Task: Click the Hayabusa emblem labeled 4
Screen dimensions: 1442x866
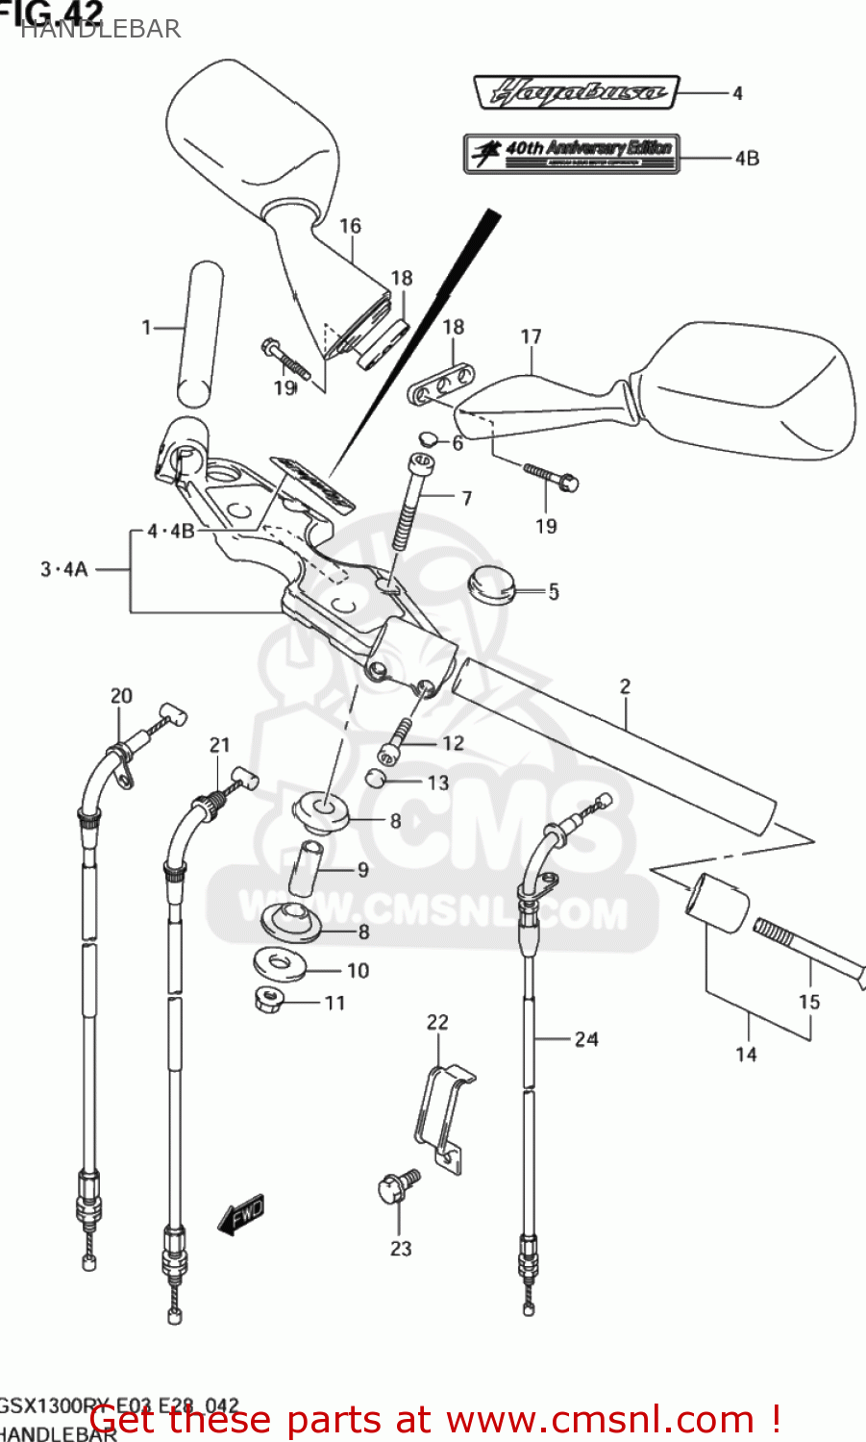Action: pyautogui.click(x=577, y=93)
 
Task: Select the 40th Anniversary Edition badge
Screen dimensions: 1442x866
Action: pyautogui.click(x=572, y=153)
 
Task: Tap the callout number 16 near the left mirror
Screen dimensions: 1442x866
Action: pyautogui.click(x=350, y=226)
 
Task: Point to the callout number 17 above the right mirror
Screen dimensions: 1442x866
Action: pyautogui.click(x=531, y=336)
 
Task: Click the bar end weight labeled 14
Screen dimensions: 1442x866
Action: pyautogui.click(x=716, y=905)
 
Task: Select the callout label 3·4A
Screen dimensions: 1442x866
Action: pyautogui.click(x=63, y=569)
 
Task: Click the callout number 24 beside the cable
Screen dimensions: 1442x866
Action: pyautogui.click(x=586, y=1038)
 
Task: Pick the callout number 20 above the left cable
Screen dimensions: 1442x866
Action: pyautogui.click(x=121, y=695)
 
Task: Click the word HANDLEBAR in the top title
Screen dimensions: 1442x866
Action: pyautogui.click(x=100, y=29)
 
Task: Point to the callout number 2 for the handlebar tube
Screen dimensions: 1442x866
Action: pyautogui.click(x=625, y=685)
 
